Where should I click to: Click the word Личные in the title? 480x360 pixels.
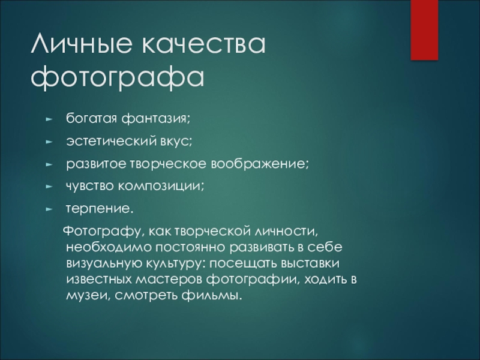82,43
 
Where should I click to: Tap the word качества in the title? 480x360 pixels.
203,44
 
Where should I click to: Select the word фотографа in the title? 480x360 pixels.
117,77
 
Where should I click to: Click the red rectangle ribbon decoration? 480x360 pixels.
424,30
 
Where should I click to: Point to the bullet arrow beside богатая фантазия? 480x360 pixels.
49,119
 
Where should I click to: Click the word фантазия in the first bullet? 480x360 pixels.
155,119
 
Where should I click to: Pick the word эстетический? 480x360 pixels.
111,141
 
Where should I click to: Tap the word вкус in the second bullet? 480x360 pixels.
176,142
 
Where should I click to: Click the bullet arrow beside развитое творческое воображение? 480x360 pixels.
49,164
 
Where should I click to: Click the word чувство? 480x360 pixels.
89,186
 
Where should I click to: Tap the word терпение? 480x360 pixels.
100,209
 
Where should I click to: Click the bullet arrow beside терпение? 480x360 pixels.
49,209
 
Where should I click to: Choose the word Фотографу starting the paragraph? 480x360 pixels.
104,232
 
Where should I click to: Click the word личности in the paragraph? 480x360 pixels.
286,232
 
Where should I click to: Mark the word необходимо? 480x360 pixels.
109,247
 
